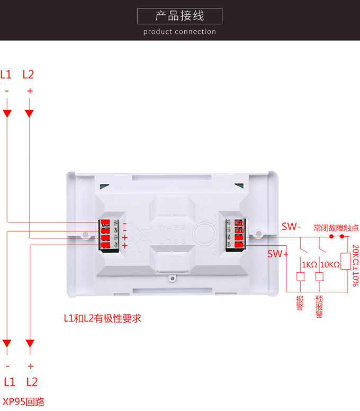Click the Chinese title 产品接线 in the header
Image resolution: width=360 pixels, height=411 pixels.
[x=179, y=16]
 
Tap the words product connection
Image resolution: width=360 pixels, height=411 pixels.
[x=179, y=32]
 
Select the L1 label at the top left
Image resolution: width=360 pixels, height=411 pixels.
[x=6, y=75]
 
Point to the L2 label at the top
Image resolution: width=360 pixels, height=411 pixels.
[x=29, y=75]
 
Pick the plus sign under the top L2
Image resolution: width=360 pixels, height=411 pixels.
[x=30, y=91]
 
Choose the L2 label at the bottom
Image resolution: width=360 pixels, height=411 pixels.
[x=32, y=382]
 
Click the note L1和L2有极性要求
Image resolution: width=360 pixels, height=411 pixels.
[x=102, y=318]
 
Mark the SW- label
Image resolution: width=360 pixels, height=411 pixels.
[x=291, y=227]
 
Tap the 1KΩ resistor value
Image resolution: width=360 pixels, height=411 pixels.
[x=309, y=264]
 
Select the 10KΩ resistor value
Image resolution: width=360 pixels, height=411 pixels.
[x=330, y=264]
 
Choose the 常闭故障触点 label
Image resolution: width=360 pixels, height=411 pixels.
[x=336, y=228]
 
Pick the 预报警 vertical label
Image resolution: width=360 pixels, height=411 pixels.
[x=319, y=307]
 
